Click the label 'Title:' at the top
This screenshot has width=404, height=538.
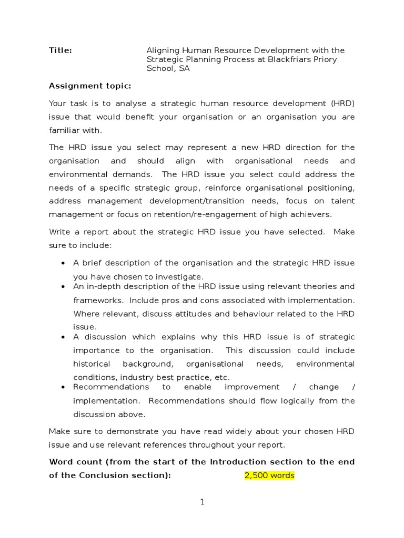pyautogui.click(x=60, y=50)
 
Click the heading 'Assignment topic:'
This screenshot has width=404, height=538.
pyautogui.click(x=90, y=86)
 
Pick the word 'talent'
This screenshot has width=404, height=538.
pyautogui.click(x=342, y=201)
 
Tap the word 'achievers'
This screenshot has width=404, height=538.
pyautogui.click(x=311, y=214)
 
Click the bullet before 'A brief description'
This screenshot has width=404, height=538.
pyautogui.click(x=63, y=263)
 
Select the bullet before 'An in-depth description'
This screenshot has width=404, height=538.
pyautogui.click(x=63, y=287)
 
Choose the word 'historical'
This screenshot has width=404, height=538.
pyautogui.click(x=92, y=364)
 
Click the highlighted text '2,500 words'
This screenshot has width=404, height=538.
pyautogui.click(x=269, y=475)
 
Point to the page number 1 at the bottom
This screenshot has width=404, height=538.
pyautogui.click(x=202, y=502)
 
